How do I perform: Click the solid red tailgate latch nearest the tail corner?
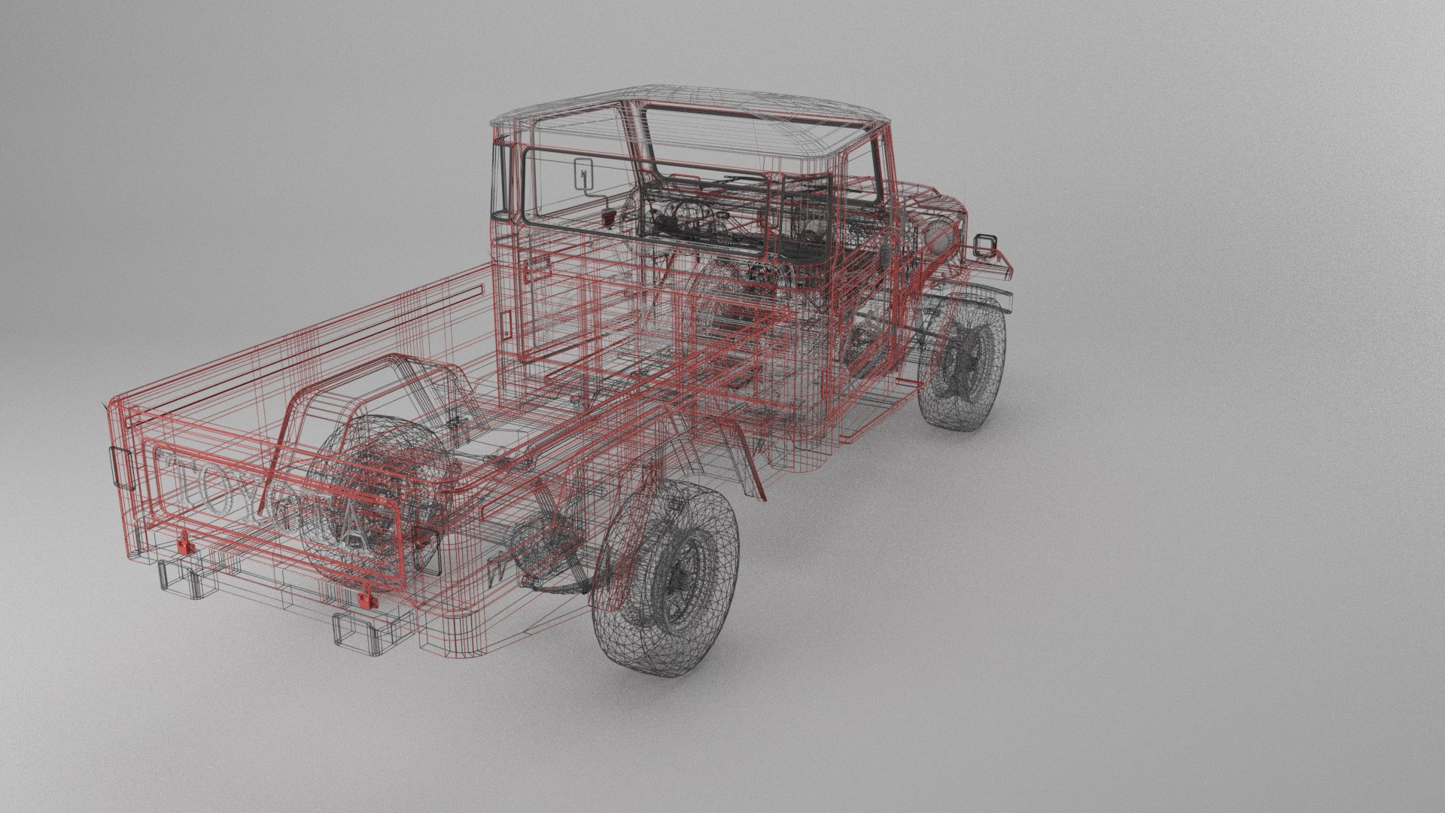click(x=183, y=542)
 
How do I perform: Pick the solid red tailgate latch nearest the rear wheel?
click(x=366, y=598)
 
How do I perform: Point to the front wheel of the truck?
click(x=963, y=369)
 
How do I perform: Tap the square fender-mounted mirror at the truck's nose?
click(x=985, y=245)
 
